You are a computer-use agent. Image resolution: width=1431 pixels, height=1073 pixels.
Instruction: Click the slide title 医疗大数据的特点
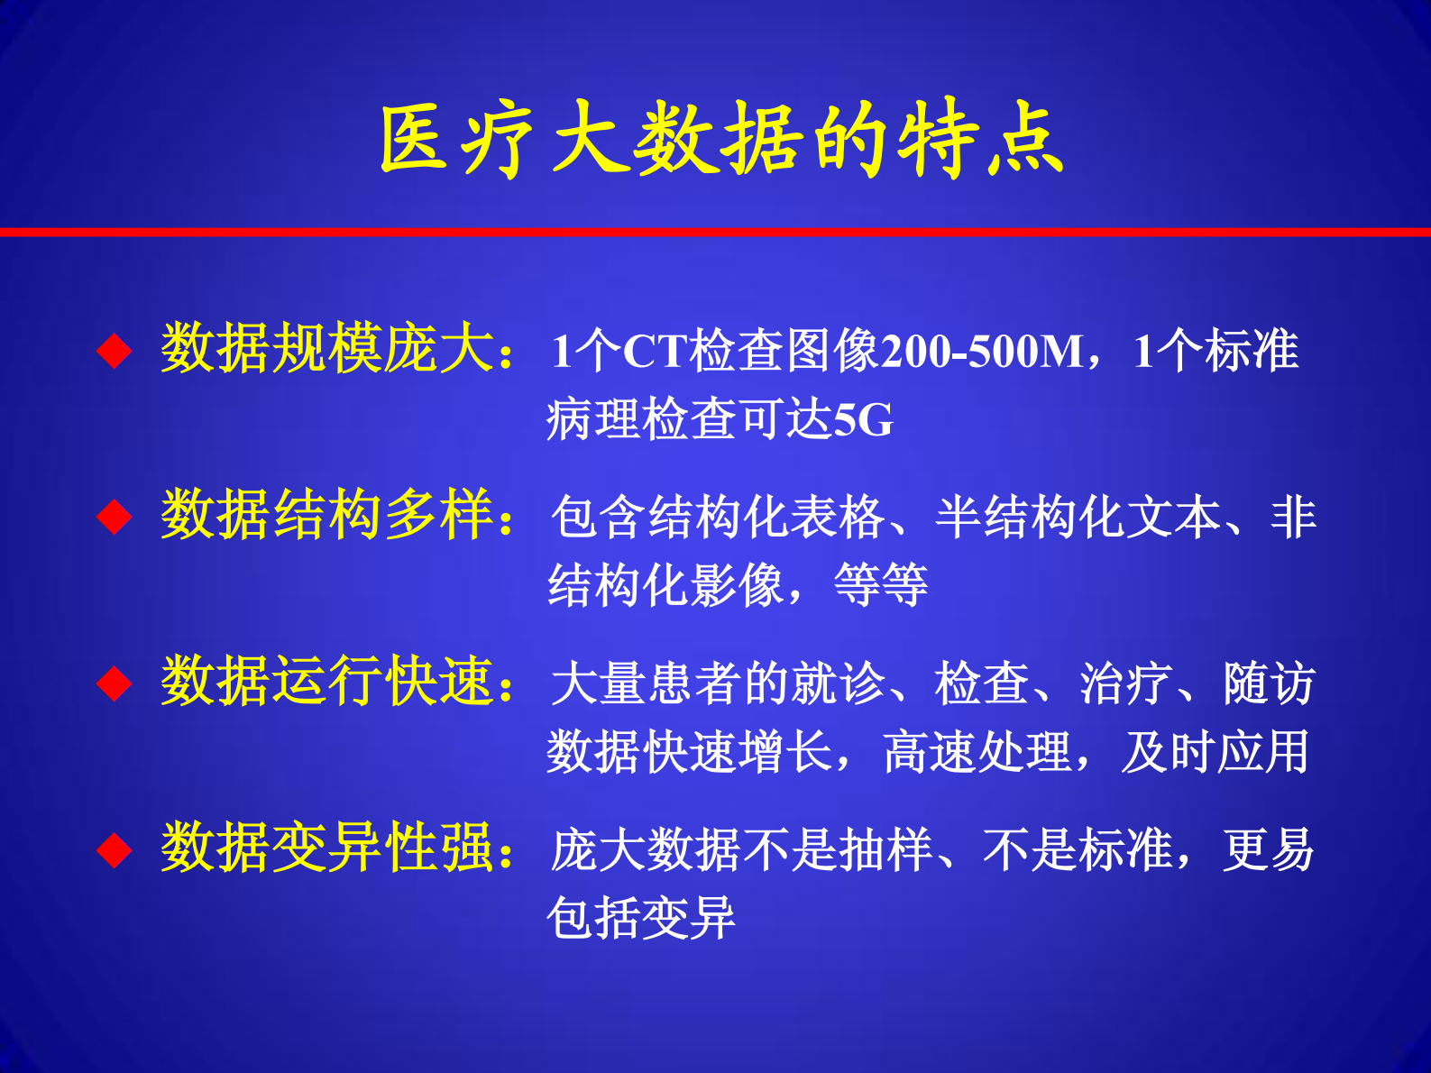pyautogui.click(x=720, y=140)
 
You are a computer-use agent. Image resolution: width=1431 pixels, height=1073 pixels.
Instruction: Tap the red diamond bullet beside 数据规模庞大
pyautogui.click(x=115, y=351)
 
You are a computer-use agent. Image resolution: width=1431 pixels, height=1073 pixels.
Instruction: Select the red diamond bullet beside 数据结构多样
pyautogui.click(x=115, y=518)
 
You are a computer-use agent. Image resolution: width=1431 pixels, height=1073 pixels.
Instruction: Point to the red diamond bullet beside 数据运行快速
pyautogui.click(x=115, y=683)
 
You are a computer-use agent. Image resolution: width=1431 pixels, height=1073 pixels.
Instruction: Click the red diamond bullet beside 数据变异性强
pyautogui.click(x=115, y=850)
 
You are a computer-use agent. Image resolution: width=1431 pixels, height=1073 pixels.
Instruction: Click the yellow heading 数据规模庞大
pyautogui.click(x=328, y=349)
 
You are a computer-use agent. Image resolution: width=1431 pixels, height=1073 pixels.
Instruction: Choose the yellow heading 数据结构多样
pyautogui.click(x=328, y=516)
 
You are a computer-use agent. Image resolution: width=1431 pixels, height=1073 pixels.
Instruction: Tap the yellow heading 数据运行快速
pyautogui.click(x=328, y=682)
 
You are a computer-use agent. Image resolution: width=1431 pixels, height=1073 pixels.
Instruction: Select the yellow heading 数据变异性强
pyautogui.click(x=328, y=848)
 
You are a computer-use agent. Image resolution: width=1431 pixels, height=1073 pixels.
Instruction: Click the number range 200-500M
pyautogui.click(x=982, y=351)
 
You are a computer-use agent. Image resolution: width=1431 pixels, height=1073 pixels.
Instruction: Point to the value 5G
pyautogui.click(x=863, y=420)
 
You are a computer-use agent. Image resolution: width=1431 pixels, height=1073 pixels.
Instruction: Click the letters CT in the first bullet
pyautogui.click(x=656, y=351)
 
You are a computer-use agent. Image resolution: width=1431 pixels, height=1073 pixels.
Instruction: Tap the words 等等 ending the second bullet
pyautogui.click(x=881, y=586)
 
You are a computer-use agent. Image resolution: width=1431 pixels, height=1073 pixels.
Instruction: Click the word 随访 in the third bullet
pyautogui.click(x=1269, y=683)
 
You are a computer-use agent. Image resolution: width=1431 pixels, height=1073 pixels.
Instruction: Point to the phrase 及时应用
pyautogui.click(x=1215, y=752)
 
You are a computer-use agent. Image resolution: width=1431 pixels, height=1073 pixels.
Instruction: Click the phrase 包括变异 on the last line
pyautogui.click(x=641, y=919)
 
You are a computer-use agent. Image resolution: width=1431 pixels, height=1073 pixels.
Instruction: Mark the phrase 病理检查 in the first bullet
pyautogui.click(x=641, y=420)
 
